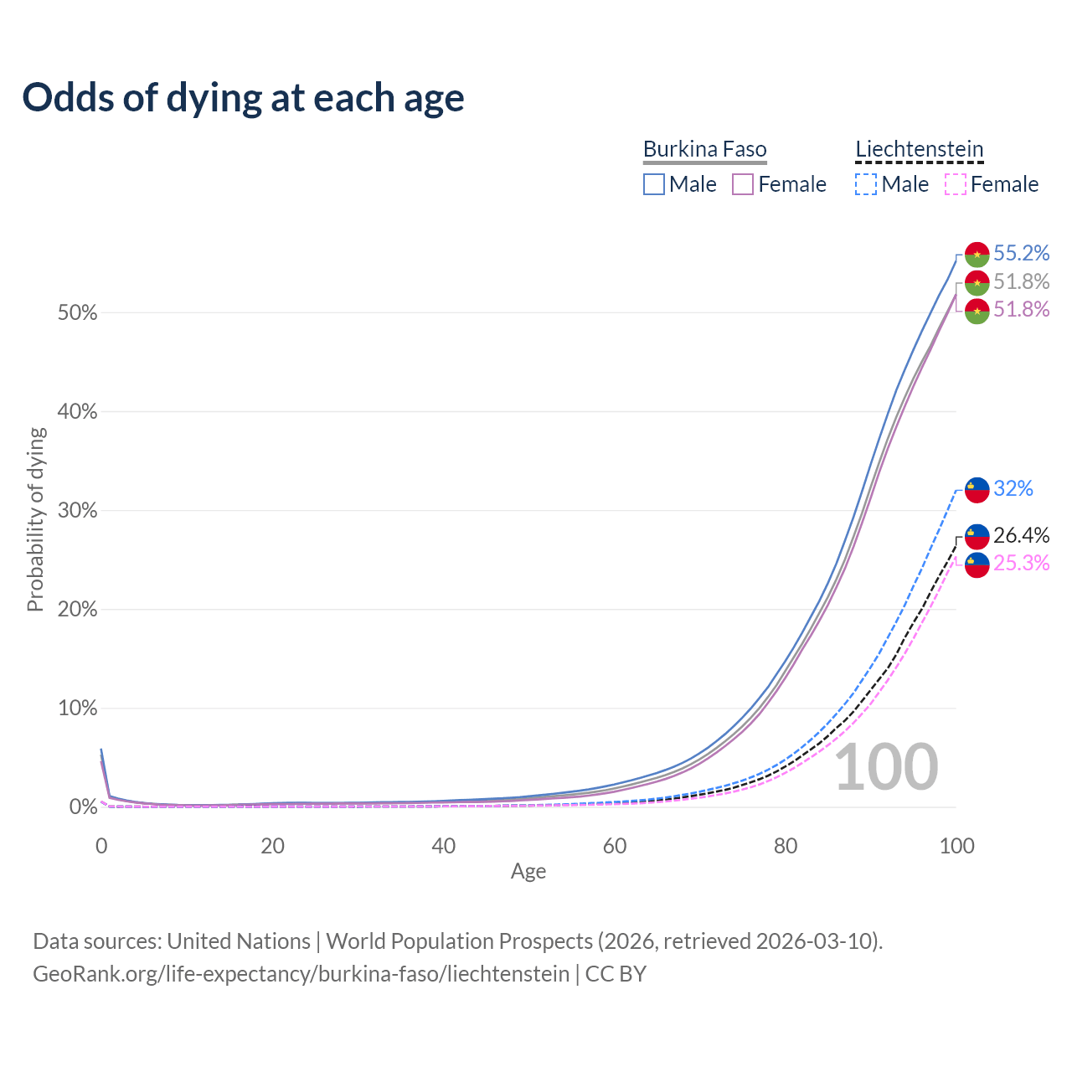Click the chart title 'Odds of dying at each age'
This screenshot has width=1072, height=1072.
tap(243, 97)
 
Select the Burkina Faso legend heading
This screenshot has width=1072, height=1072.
tap(704, 149)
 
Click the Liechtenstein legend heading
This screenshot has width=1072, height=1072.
tap(919, 149)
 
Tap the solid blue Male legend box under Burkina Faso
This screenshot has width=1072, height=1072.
tap(654, 184)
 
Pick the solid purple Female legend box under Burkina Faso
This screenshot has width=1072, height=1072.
tap(743, 184)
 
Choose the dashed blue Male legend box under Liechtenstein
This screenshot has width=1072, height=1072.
tap(866, 184)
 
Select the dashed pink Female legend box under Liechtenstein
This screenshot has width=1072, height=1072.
tap(955, 184)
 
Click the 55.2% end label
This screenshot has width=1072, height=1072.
tap(1021, 253)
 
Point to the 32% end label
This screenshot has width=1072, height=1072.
tap(1013, 488)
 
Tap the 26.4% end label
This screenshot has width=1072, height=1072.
tap(1021, 535)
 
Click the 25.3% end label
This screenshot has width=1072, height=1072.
tap(1021, 563)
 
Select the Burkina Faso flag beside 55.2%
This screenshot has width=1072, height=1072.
tap(977, 254)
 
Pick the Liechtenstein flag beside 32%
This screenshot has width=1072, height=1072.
tap(977, 489)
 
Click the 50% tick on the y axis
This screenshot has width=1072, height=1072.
tap(77, 313)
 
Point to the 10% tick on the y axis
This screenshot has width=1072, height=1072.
tap(77, 709)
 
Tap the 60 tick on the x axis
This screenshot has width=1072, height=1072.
tap(615, 846)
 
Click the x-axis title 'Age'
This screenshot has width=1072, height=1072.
tap(528, 872)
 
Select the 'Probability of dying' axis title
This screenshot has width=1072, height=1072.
tap(35, 519)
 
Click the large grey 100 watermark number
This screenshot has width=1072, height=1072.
tap(886, 767)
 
